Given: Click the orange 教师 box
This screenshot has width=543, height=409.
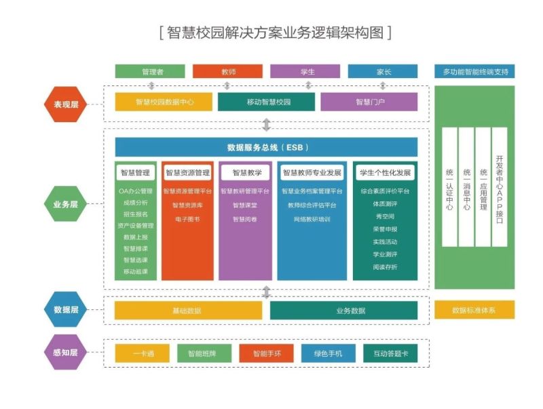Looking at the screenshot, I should (x=227, y=71).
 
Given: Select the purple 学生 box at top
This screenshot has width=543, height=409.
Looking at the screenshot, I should (x=305, y=71).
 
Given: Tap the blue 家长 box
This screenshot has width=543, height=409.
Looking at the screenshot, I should (x=383, y=71).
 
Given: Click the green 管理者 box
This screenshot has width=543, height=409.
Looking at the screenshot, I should (x=150, y=71).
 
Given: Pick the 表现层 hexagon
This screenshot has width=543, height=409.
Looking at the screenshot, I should (x=66, y=104).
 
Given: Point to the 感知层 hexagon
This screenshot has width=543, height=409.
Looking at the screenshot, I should (x=66, y=353).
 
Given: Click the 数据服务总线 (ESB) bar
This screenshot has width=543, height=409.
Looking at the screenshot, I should (x=266, y=147).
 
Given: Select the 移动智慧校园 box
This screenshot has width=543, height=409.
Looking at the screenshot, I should (x=266, y=102).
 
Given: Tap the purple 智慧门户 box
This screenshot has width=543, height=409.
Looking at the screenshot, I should (x=369, y=102).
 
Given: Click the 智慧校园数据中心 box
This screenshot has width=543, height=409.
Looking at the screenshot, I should (x=164, y=102).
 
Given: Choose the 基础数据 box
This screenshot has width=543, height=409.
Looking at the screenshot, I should (x=188, y=311).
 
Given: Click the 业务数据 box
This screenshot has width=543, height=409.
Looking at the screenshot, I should (x=343, y=311).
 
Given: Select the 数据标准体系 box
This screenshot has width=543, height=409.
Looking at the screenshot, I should (x=474, y=310).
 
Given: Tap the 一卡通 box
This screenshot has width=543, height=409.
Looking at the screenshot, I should (x=143, y=353).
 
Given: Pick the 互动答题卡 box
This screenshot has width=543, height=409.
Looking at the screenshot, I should (x=390, y=353).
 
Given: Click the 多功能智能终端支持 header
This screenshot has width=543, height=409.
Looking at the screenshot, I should (x=474, y=71).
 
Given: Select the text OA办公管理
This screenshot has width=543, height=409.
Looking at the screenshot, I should (x=136, y=191).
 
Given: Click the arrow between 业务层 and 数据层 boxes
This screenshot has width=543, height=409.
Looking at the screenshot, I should (x=266, y=292).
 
